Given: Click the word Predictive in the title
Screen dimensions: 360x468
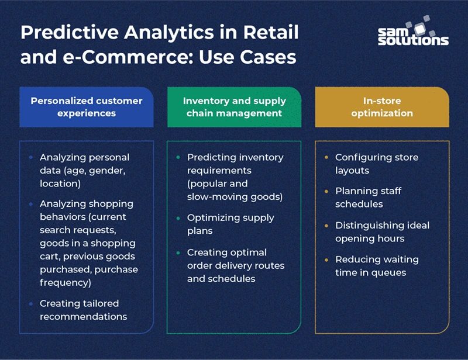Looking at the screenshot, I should (62, 33).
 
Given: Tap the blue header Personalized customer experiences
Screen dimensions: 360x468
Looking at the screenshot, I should (87, 107).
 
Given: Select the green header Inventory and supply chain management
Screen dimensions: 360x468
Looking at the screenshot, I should (233, 107).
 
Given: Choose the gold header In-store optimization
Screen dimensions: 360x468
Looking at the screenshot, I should (382, 107).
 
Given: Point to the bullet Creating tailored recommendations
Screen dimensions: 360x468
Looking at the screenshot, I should (82, 310).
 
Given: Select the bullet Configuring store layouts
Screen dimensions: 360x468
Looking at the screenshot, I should (376, 163).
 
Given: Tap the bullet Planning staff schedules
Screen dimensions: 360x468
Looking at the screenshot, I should (368, 198).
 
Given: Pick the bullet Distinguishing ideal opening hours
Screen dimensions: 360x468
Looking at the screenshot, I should (382, 231).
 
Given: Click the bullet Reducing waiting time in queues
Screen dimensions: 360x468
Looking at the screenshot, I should (377, 266).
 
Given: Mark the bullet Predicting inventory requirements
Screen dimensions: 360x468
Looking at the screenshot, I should (235, 177).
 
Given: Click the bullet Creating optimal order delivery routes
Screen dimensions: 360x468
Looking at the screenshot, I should (235, 265).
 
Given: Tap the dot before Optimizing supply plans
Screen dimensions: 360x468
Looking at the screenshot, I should (178, 218).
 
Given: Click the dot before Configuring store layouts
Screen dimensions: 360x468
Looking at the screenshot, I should (326, 158).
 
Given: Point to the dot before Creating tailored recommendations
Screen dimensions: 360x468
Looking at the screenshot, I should (31, 304).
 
